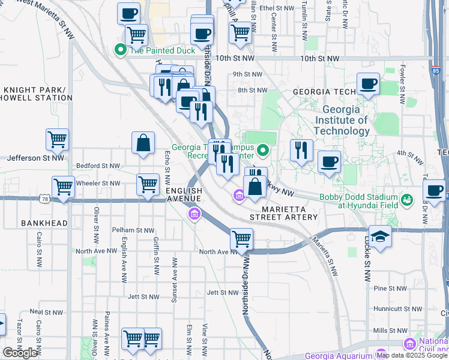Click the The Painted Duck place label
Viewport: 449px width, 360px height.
pyautogui.click(x=154, y=50)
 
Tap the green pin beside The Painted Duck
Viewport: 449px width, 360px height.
pyautogui.click(x=120, y=50)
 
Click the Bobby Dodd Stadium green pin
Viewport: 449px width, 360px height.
pyautogui.click(x=408, y=199)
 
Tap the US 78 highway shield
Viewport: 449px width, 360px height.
pyautogui.click(x=45, y=199)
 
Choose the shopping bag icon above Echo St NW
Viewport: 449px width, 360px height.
pyautogui.click(x=143, y=143)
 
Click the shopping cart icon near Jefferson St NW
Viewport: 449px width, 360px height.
pyautogui.click(x=57, y=140)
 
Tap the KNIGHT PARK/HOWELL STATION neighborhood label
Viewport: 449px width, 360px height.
pyautogui.click(x=37, y=94)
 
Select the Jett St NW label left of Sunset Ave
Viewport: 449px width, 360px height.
pyautogui.click(x=143, y=296)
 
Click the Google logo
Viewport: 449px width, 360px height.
pyautogui.click(x=20, y=353)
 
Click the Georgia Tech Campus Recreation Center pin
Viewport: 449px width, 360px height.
pyautogui.click(x=263, y=150)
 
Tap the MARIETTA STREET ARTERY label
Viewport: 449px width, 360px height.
pyautogui.click(x=283, y=212)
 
